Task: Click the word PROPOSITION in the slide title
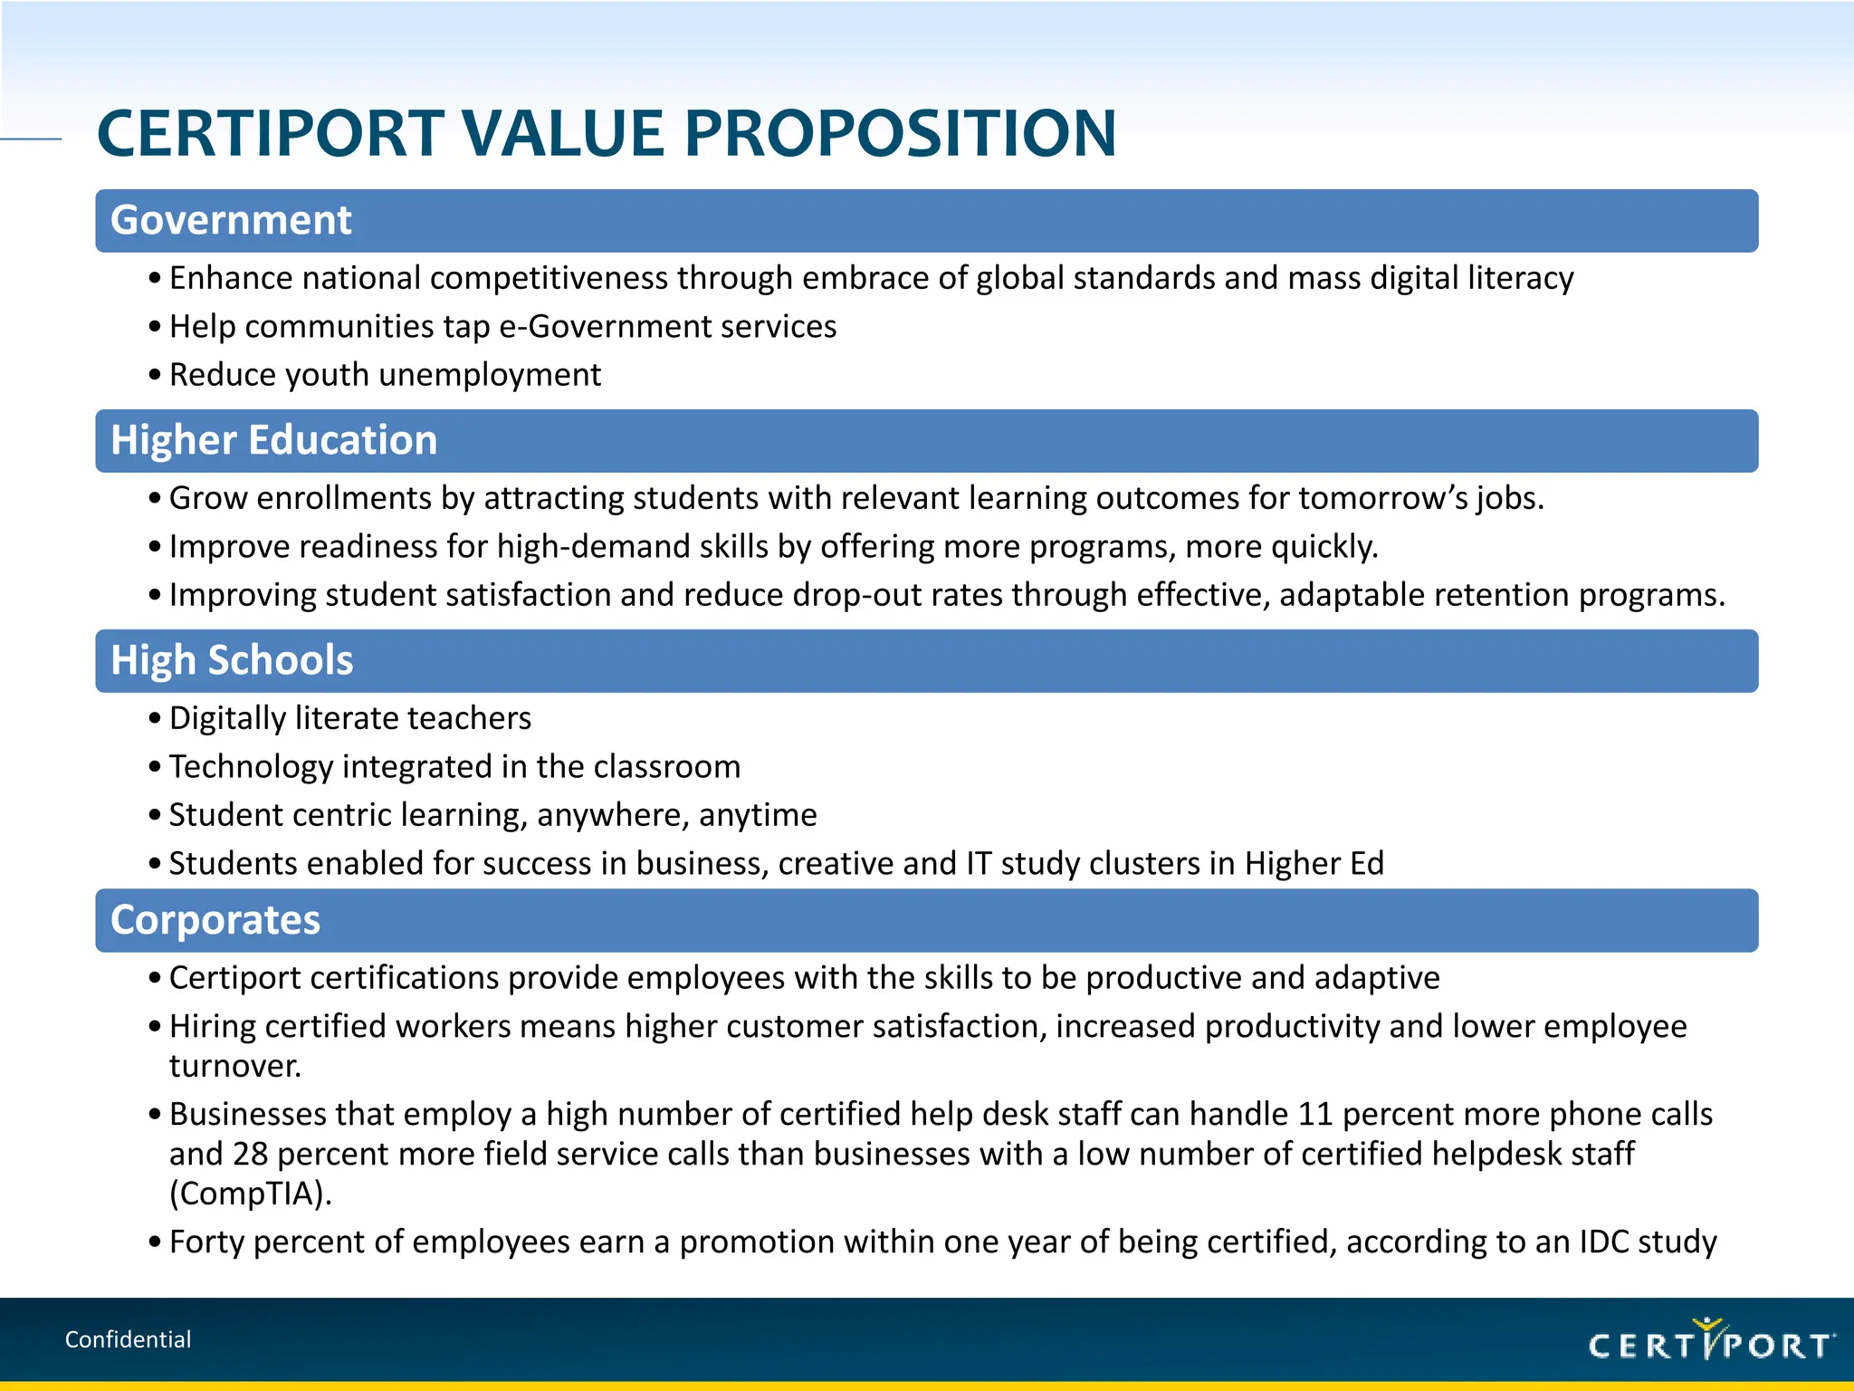pyautogui.click(x=900, y=134)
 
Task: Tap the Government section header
pyautogui.click(x=231, y=220)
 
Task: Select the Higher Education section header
pyautogui.click(x=273, y=440)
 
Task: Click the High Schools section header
pyautogui.click(x=232, y=660)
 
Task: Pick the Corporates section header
pyautogui.click(x=215, y=920)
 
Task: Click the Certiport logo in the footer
pyautogui.click(x=1711, y=1341)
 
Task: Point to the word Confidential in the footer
pyautogui.click(x=128, y=1339)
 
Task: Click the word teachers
pyautogui.click(x=469, y=718)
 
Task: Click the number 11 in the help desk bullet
pyautogui.click(x=1315, y=1114)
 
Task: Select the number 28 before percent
pyautogui.click(x=251, y=1154)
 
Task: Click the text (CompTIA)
pyautogui.click(x=251, y=1194)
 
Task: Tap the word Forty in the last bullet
pyautogui.click(x=207, y=1242)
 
